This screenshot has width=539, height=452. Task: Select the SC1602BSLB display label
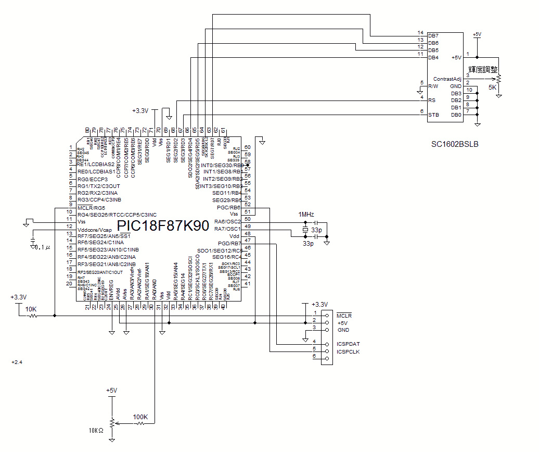click(454, 144)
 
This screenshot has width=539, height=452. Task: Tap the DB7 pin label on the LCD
click(433, 35)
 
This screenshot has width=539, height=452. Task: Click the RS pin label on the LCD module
click(431, 100)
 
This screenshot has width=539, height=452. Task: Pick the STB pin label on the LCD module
click(433, 115)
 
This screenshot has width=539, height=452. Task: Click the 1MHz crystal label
click(306, 215)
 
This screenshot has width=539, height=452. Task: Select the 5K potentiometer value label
click(492, 87)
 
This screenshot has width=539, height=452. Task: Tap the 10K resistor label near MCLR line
click(31, 309)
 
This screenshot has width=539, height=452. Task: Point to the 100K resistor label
click(140, 417)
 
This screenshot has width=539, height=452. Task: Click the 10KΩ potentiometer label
click(96, 430)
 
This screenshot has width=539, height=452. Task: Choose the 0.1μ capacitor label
click(42, 247)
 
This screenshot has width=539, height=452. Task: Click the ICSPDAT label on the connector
click(348, 344)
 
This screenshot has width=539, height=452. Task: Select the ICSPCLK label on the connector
click(348, 352)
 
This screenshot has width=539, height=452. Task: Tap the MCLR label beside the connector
click(344, 316)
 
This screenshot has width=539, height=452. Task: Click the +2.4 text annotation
click(17, 362)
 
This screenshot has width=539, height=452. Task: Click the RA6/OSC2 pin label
click(227, 222)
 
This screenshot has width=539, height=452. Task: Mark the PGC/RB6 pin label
click(229, 207)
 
